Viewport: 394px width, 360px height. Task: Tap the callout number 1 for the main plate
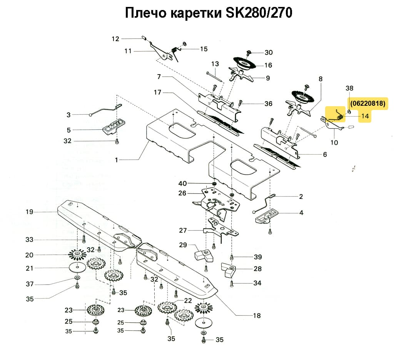point(117,160)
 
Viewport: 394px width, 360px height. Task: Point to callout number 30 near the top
point(268,53)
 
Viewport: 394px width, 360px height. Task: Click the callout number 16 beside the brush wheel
point(268,65)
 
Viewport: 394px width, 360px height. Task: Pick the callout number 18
point(257,316)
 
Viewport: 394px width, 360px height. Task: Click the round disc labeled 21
point(77,267)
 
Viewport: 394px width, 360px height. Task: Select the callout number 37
point(30,284)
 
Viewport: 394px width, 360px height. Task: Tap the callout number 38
point(349,88)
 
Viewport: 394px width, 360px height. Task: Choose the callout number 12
point(116,38)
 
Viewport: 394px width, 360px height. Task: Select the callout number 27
point(183,230)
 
